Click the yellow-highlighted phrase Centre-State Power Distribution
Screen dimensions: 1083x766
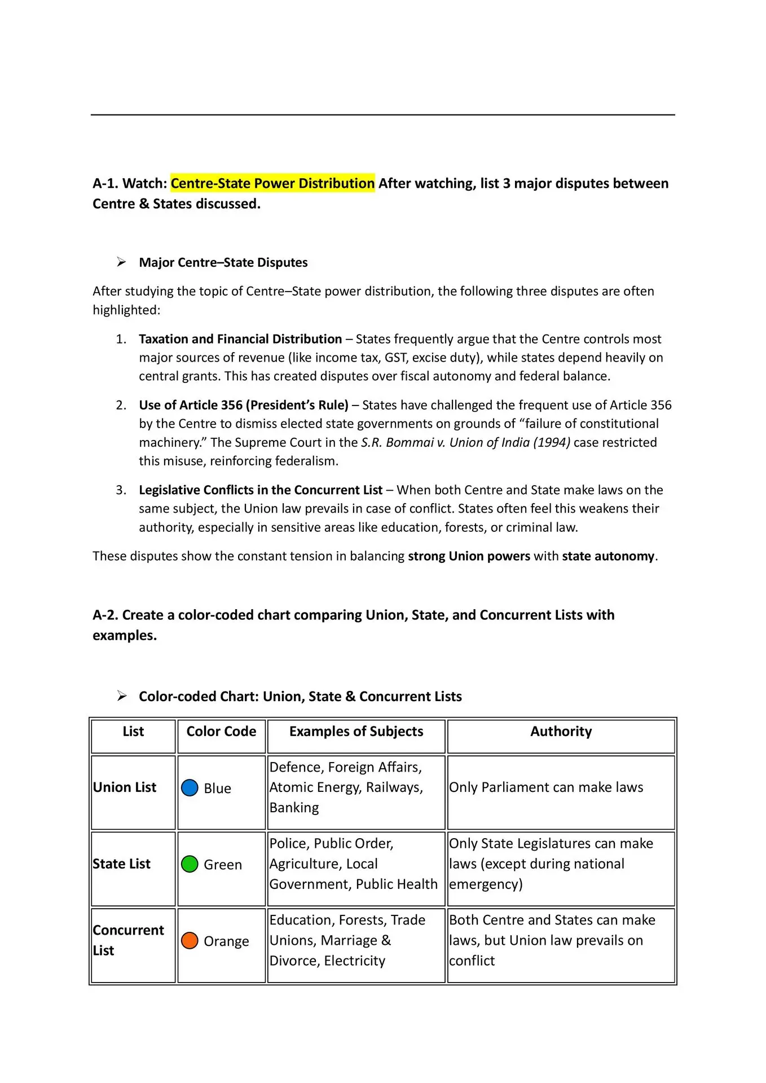[x=272, y=183]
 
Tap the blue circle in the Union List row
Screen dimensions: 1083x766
[x=190, y=787]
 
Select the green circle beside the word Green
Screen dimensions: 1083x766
[x=190, y=864]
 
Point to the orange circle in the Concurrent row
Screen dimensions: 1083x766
[x=190, y=940]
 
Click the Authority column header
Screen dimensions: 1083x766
[x=561, y=732]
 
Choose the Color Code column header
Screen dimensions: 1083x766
[x=221, y=732]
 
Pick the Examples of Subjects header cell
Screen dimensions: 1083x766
[x=356, y=732]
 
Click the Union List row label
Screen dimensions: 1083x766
[x=125, y=787]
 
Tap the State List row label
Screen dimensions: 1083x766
[x=122, y=864]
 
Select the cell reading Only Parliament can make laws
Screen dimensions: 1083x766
[x=546, y=787]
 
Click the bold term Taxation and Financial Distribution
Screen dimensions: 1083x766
[x=240, y=339]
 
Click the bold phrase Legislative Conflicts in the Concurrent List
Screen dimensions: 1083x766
[x=261, y=490]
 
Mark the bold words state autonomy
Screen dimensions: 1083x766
[x=608, y=556]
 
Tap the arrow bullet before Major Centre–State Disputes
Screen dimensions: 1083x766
[x=121, y=262]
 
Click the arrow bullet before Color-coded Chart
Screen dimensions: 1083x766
[x=121, y=696]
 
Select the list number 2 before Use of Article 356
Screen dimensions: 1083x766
[x=121, y=405]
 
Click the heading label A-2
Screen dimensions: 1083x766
[x=105, y=615]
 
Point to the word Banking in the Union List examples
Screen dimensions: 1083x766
[x=294, y=808]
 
